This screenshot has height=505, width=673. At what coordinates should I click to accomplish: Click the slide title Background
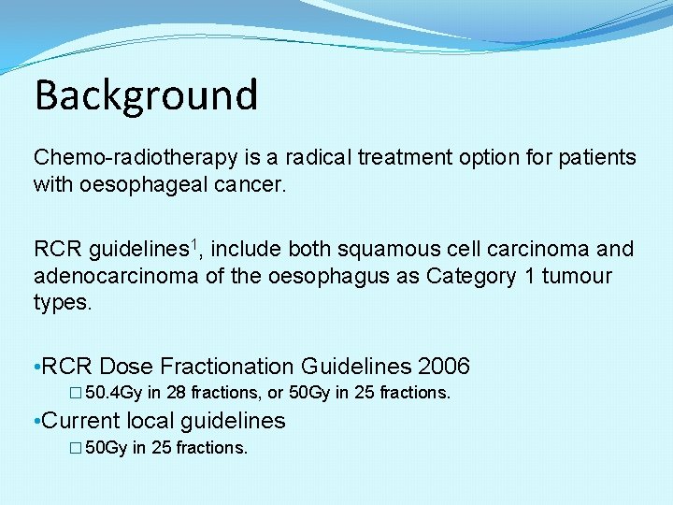(146, 94)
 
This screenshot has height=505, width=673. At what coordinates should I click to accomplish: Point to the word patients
(594, 156)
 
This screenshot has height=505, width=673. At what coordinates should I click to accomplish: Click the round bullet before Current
(36, 422)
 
